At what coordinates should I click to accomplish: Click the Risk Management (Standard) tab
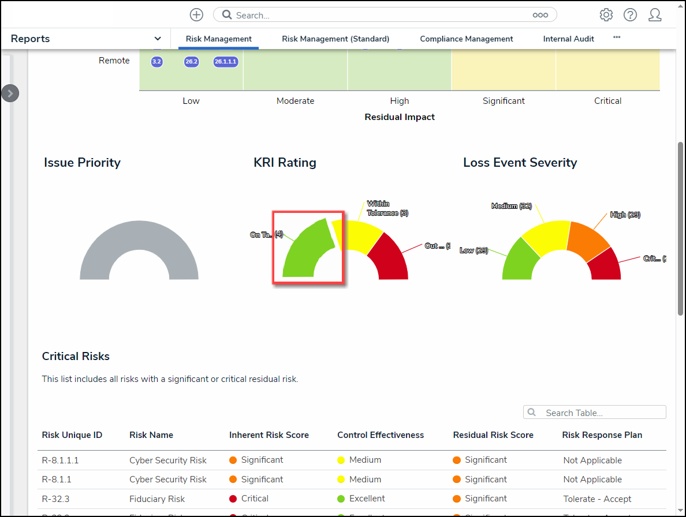point(335,39)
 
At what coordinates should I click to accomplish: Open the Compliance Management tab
point(466,39)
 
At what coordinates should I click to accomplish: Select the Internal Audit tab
point(568,39)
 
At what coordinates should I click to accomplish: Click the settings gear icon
point(606,15)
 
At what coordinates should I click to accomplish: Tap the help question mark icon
point(630,15)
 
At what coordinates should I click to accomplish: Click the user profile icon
point(655,15)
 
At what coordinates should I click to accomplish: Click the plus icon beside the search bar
point(196,15)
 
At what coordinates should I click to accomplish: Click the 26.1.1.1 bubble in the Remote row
point(226,61)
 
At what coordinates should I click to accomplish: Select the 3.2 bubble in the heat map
point(156,61)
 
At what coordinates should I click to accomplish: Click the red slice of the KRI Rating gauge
point(390,260)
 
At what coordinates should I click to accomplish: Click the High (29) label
point(625,215)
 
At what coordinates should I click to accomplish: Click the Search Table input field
point(601,413)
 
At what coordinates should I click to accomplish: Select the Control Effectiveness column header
point(381,435)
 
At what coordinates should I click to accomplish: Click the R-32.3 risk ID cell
point(56,499)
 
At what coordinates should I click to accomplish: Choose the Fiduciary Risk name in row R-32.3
point(157,499)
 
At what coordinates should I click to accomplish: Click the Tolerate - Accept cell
point(597,499)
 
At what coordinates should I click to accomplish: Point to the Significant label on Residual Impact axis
point(504,101)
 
